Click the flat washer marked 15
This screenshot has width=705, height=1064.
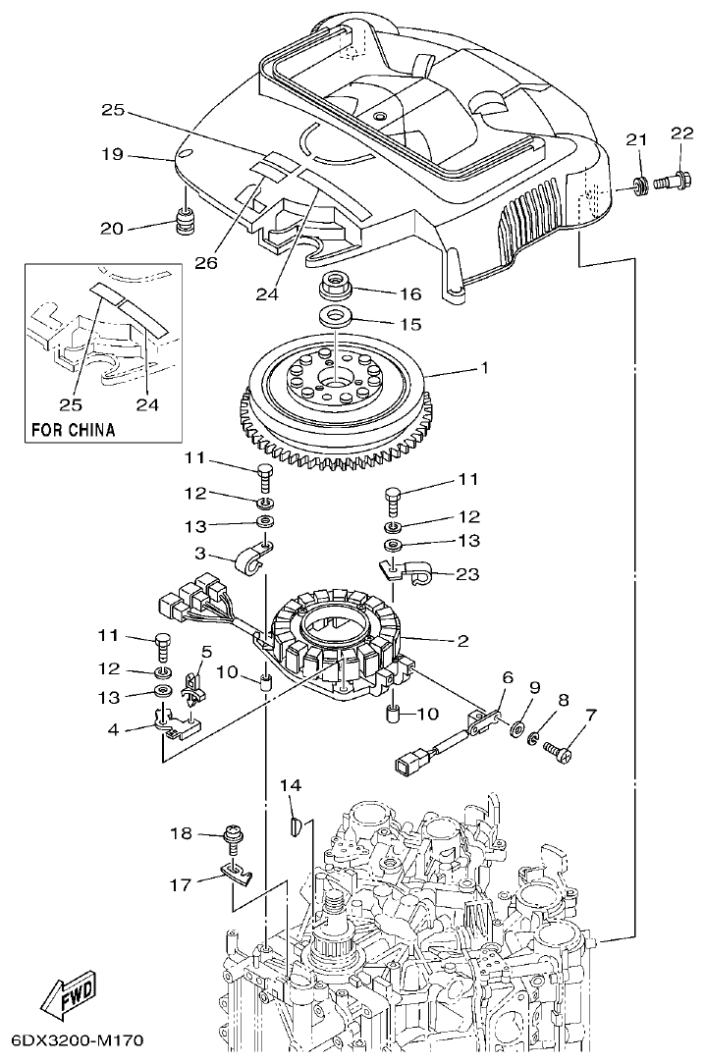[336, 318]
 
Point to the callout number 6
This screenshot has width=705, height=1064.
[508, 677]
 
